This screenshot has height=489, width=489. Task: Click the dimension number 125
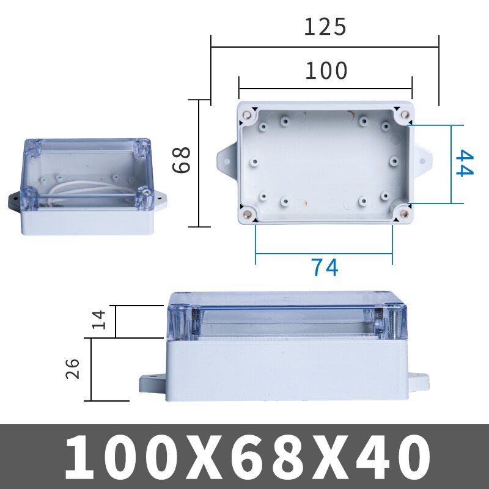tap(325, 27)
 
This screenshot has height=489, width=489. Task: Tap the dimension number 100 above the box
tap(326, 72)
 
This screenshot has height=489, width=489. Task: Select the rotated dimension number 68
tap(182, 160)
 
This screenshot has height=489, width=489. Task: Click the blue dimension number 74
tap(324, 268)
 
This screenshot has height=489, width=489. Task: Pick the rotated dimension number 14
tap(100, 319)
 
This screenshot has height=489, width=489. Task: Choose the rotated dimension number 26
tap(73, 369)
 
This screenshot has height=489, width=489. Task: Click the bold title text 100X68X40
tap(244, 457)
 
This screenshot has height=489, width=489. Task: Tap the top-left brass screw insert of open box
tap(248, 114)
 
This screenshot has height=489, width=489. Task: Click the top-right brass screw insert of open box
tap(404, 114)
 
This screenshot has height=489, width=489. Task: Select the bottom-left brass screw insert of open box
tap(248, 213)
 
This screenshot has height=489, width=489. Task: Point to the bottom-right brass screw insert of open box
tap(404, 213)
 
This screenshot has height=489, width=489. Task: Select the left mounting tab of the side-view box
tap(153, 384)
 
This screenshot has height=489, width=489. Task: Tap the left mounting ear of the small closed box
tap(15, 200)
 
